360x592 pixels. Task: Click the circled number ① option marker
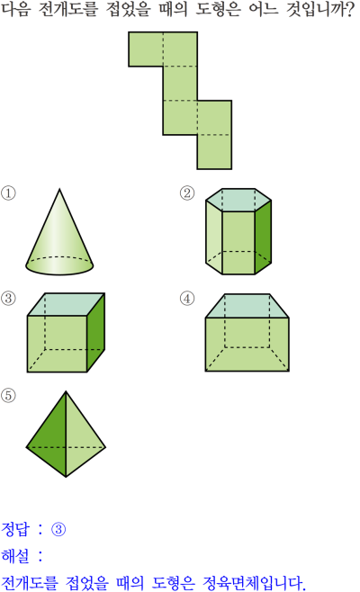(8, 193)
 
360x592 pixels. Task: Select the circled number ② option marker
(187, 193)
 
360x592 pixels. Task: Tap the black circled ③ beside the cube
(8, 299)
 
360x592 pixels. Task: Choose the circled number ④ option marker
(187, 299)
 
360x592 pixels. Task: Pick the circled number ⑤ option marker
(8, 396)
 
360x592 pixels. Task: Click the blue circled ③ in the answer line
(58, 529)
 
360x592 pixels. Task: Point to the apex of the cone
(59, 189)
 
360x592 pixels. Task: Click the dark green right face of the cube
(96, 332)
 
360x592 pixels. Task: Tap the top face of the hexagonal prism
(238, 200)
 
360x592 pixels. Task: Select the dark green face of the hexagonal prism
(263, 238)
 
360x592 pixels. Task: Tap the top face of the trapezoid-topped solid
(247, 306)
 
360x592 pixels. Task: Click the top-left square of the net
(146, 49)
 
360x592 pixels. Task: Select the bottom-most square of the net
(214, 152)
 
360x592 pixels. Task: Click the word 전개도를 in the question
(68, 9)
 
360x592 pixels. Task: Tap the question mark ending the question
(349, 9)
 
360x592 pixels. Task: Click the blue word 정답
(15, 529)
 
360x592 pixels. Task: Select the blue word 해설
(15, 555)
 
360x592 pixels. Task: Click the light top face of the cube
(66, 304)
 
